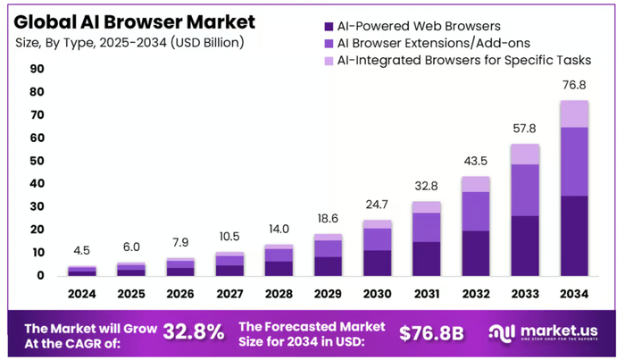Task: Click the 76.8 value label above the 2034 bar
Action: [575, 86]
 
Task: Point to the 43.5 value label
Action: [476, 163]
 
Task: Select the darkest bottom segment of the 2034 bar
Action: [575, 236]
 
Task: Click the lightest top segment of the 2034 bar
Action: [575, 113]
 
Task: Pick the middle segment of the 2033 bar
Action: [525, 189]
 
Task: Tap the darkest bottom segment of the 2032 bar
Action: [476, 253]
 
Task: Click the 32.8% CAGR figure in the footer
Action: [194, 331]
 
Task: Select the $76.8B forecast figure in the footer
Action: [431, 332]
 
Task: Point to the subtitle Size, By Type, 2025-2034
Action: [130, 43]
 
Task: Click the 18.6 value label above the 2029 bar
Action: [329, 220]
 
